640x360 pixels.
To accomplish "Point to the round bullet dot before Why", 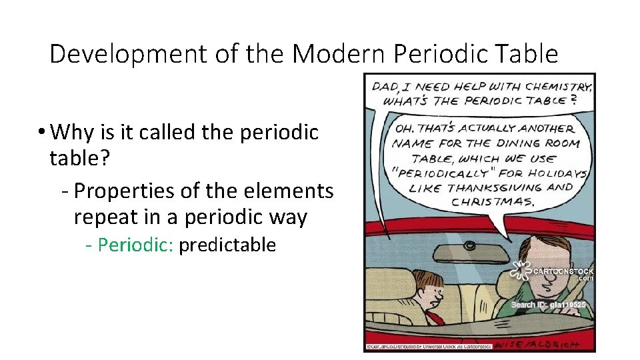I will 41,133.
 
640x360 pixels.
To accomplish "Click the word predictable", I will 227,245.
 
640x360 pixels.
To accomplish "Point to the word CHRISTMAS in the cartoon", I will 493,201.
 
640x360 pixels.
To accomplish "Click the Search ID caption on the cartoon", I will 548,305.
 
